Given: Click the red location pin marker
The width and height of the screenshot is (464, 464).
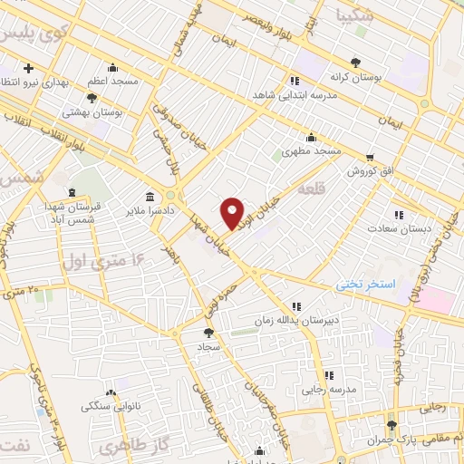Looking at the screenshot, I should tap(233, 213).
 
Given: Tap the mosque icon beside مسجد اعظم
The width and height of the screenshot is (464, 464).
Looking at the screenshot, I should tap(112, 67).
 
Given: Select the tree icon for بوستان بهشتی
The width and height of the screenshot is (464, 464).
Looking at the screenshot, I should tap(92, 98).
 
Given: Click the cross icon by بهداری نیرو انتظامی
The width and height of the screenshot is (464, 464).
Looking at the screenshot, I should tap(29, 68).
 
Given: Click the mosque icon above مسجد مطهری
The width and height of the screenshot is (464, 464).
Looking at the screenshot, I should tap(311, 138).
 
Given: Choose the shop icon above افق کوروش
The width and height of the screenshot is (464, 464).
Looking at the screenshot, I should tap(370, 156).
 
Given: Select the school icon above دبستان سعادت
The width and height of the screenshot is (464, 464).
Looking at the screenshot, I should tap(398, 215).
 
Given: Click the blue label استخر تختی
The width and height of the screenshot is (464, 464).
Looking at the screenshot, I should tap(366, 284).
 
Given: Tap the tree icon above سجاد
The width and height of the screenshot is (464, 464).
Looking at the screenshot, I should tap(208, 333).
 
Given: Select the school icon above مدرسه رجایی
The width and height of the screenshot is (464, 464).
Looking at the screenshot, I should tap(329, 374).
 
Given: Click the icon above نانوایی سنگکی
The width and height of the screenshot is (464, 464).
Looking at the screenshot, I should tap(111, 392).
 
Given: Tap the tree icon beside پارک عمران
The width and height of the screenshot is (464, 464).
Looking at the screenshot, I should tap(391, 424).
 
